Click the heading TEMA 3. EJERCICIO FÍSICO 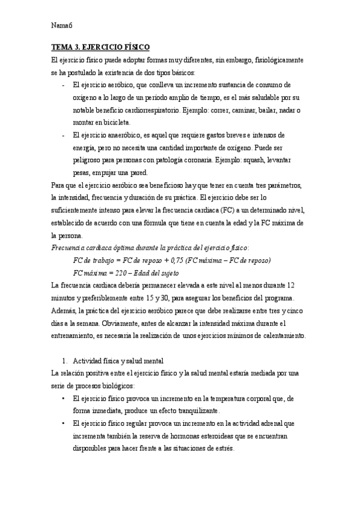(x=101, y=47)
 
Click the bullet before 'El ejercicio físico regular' (x=64, y=423)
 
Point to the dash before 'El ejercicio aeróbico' (x=63, y=85)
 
